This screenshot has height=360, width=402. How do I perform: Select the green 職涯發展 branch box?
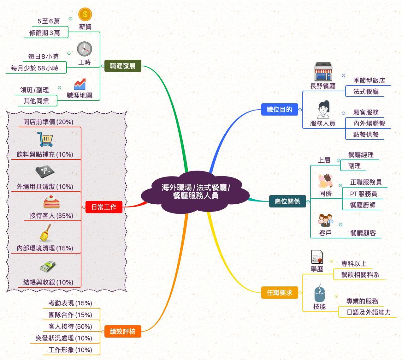pos(123,66)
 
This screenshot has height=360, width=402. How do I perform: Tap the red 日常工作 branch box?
pos(104,207)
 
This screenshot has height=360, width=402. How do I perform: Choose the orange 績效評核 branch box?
pos(123,332)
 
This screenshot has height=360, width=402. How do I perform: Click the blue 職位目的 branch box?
pos(280,110)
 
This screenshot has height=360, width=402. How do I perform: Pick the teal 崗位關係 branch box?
pos(287,201)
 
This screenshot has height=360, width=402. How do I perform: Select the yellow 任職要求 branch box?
pos(280,293)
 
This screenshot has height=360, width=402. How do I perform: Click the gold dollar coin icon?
pos(85,14)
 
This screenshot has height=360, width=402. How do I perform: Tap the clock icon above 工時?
pos(85,49)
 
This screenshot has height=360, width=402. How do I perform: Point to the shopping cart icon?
pos(45,139)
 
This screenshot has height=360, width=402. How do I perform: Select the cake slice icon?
pos(51,202)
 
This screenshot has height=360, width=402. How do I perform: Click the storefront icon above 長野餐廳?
pos(323,72)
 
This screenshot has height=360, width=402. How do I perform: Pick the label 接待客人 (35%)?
pos(51,216)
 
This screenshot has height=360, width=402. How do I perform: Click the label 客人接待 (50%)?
pos(70,326)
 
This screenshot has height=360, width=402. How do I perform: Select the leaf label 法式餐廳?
pos(366,92)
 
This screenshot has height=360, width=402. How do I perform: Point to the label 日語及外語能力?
pos(369,312)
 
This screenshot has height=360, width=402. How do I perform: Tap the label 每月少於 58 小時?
pos(34,68)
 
